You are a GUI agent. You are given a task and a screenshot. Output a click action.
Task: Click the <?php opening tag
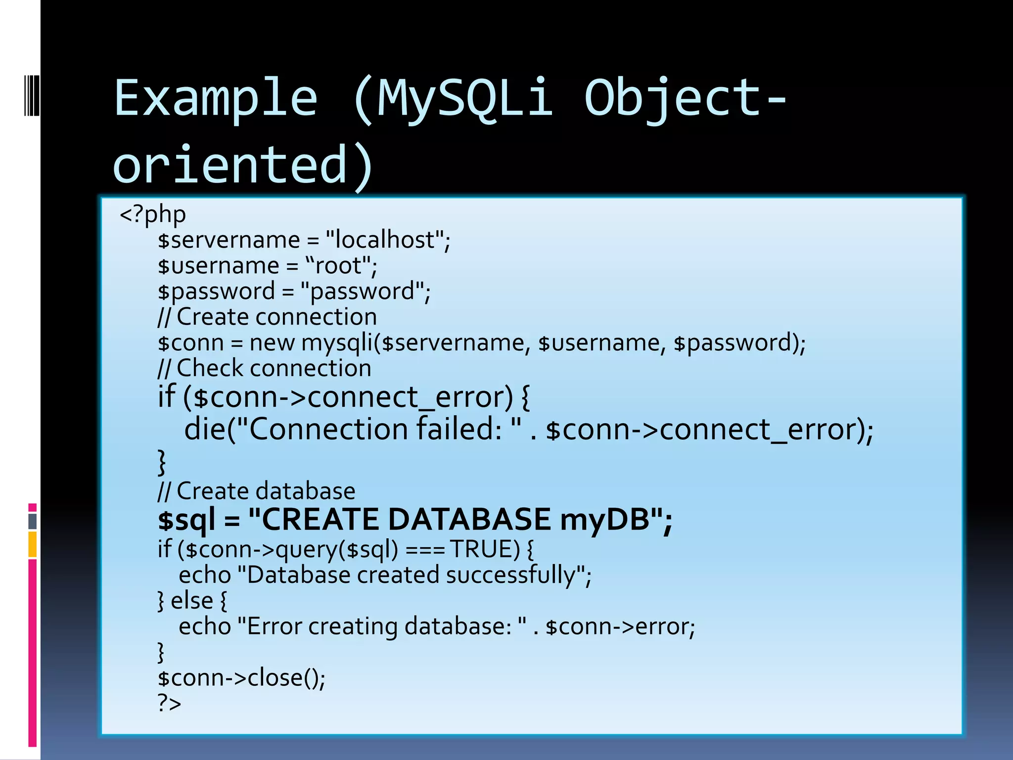(x=153, y=215)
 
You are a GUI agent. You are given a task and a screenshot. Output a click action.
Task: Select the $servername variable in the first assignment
(x=229, y=240)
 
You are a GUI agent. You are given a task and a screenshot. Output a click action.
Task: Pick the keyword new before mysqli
(x=272, y=343)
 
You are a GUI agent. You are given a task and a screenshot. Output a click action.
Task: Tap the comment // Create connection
(x=267, y=317)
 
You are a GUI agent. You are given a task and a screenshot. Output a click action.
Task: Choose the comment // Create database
(x=256, y=491)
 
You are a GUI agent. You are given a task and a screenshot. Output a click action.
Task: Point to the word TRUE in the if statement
(x=485, y=550)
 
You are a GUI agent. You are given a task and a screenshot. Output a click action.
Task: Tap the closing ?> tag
(x=169, y=704)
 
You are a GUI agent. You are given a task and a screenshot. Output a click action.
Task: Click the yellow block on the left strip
(x=33, y=544)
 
